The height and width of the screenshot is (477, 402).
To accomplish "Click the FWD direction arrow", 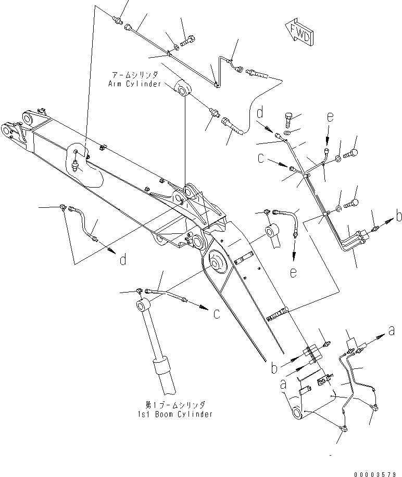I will [299, 33].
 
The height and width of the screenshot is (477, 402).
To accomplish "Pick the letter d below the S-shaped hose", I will [122, 259].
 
